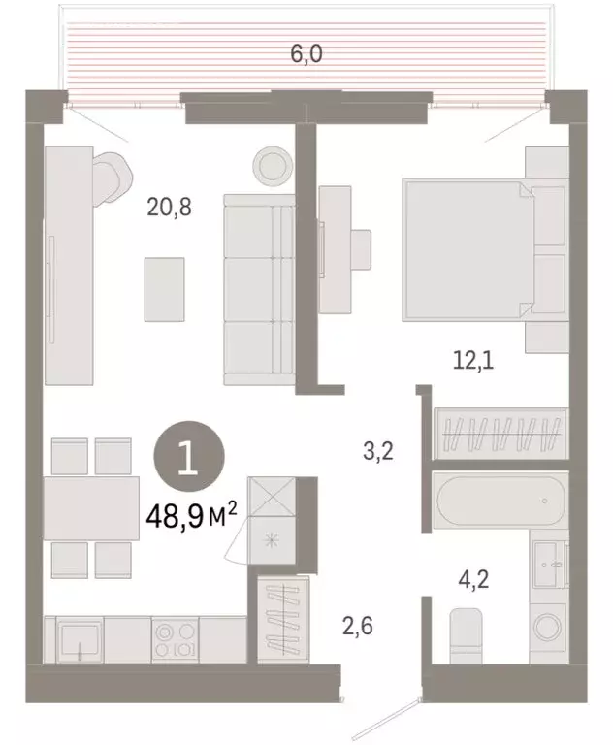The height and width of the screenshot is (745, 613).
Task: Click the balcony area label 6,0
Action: [306, 54]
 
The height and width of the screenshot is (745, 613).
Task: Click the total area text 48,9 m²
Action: [190, 516]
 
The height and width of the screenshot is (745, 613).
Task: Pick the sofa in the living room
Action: [258, 288]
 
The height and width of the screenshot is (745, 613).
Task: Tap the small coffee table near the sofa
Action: [164, 288]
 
